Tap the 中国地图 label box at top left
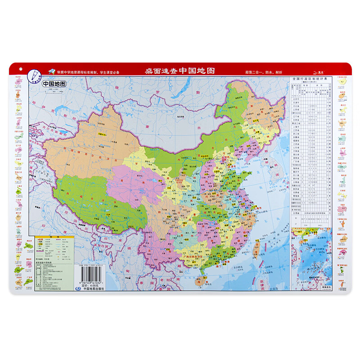(54, 84)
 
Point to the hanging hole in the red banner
(20, 68)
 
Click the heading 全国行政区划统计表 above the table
(311, 79)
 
